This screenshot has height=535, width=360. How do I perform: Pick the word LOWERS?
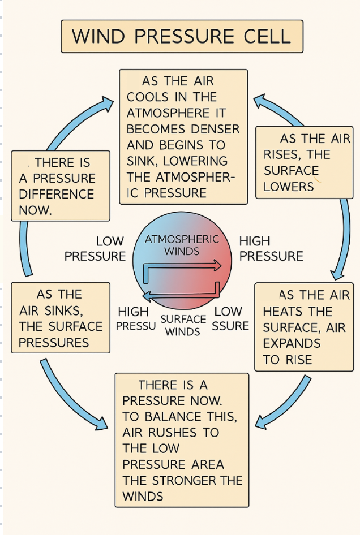point(288,187)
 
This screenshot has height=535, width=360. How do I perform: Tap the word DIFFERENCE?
point(56,194)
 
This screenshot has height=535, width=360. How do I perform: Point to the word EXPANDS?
point(292,344)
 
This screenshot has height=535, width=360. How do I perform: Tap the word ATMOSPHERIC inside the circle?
point(182,239)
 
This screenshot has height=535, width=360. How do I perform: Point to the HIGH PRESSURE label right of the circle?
point(271,249)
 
